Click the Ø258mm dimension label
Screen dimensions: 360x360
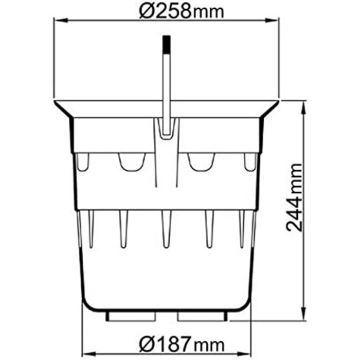coord(182,11)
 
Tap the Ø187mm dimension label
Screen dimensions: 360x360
coord(182,345)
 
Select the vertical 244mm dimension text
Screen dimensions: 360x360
coord(294,197)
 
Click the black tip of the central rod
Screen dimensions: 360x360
coord(167,44)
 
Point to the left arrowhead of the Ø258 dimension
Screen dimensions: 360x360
coord(61,21)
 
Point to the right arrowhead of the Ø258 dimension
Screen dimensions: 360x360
coord(272,21)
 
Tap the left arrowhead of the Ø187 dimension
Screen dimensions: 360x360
coord(89,354)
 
